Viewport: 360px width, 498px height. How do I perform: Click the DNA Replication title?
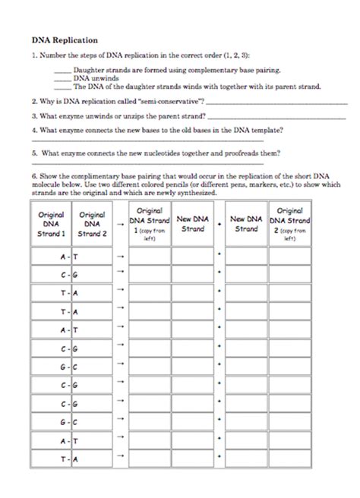click(x=64, y=38)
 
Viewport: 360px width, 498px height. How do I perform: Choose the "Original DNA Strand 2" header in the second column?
click(x=92, y=224)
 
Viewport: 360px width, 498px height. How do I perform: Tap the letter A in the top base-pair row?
click(x=64, y=257)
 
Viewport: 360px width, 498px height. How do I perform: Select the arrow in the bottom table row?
click(x=119, y=459)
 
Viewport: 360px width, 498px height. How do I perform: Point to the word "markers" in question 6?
click(x=274, y=184)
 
